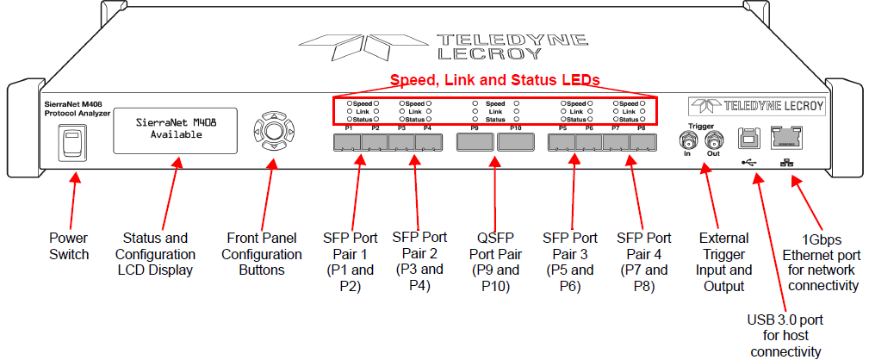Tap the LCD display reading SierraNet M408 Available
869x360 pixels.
click(176, 130)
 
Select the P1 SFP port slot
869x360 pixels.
click(347, 143)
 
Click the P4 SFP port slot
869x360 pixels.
click(428, 143)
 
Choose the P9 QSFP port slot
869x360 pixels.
click(475, 143)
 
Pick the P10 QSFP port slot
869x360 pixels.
click(516, 143)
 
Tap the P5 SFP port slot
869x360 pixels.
click(562, 143)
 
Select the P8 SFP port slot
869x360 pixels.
click(642, 143)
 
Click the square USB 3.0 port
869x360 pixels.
click(748, 138)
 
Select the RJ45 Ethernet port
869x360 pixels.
click(787, 137)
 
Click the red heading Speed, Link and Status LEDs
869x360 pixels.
click(495, 80)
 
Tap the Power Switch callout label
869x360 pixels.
click(69, 246)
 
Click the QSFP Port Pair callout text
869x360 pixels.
click(495, 263)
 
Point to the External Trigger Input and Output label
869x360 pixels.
click(723, 262)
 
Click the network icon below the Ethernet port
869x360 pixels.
click(786, 164)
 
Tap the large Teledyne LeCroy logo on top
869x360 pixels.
click(444, 47)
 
